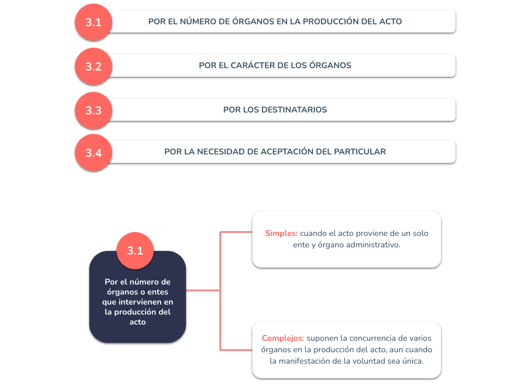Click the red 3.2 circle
(94, 66)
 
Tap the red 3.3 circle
(94, 110)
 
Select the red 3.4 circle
(94, 153)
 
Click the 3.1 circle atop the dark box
(135, 251)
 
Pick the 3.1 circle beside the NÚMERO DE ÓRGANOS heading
(94, 22)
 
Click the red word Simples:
(281, 233)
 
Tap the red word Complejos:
(283, 338)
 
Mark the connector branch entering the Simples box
(236, 232)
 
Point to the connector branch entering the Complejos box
(236, 350)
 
